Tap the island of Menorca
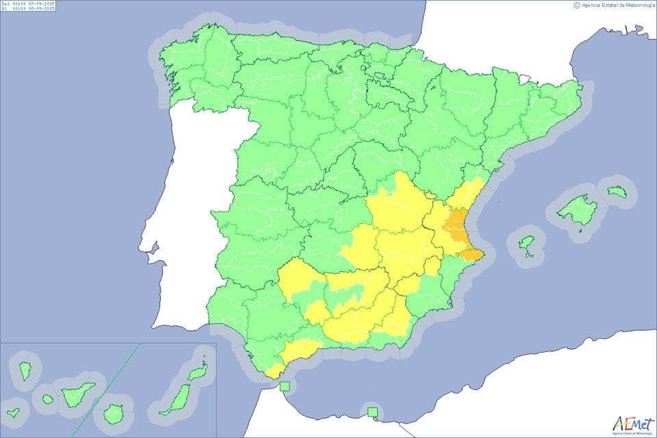click(x=617, y=192)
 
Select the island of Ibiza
click(x=525, y=242)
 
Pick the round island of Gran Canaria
click(x=113, y=413)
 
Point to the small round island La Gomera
click(x=47, y=398)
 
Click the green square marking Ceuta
click(x=285, y=387)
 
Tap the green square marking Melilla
click(x=372, y=412)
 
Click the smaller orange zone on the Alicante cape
click(x=472, y=255)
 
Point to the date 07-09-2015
click(x=39, y=4)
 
